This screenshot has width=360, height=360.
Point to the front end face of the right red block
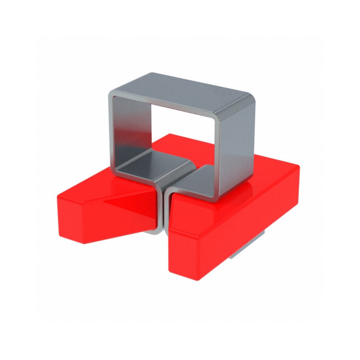click(189, 256)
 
